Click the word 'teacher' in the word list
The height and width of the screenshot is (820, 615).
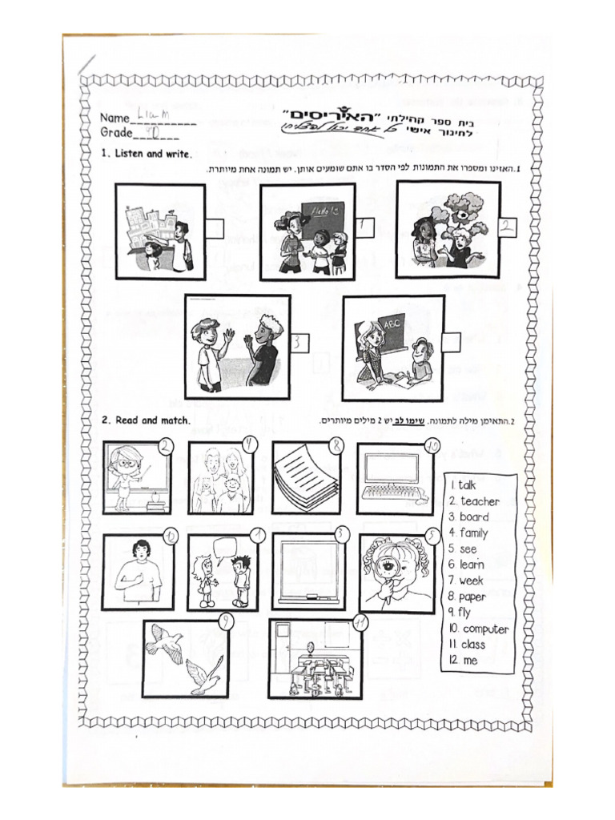tap(480, 501)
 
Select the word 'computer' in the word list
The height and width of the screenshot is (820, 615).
tap(485, 629)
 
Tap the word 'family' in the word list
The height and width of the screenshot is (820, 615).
tap(474, 533)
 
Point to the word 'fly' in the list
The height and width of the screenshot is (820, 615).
tap(464, 613)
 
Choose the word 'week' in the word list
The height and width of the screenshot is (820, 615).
tap(472, 581)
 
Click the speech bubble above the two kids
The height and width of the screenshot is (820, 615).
tap(226, 546)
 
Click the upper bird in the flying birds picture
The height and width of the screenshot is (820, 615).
tap(165, 641)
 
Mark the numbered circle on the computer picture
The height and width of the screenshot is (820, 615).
tap(433, 446)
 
